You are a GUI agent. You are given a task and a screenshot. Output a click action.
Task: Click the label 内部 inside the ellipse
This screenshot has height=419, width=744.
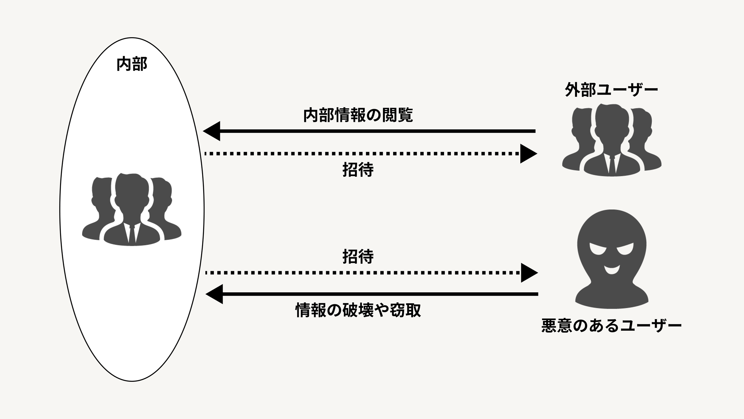(x=132, y=64)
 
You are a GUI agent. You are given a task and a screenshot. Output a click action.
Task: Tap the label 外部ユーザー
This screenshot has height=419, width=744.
(x=611, y=90)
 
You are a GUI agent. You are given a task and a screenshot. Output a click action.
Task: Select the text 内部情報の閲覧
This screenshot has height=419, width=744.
(x=358, y=115)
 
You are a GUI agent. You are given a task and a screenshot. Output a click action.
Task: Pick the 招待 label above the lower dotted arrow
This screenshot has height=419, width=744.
(x=358, y=257)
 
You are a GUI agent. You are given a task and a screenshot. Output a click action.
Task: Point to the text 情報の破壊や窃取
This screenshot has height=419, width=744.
(x=358, y=311)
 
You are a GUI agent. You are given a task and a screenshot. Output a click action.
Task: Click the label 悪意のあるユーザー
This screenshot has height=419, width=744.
(x=611, y=325)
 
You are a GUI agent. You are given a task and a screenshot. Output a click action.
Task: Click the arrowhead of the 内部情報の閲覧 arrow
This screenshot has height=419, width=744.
(x=212, y=131)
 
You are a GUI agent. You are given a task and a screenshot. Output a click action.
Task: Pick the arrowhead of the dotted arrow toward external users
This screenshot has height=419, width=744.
(x=528, y=154)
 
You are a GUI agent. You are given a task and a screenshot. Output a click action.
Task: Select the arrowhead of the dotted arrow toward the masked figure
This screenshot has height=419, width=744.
(x=529, y=273)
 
